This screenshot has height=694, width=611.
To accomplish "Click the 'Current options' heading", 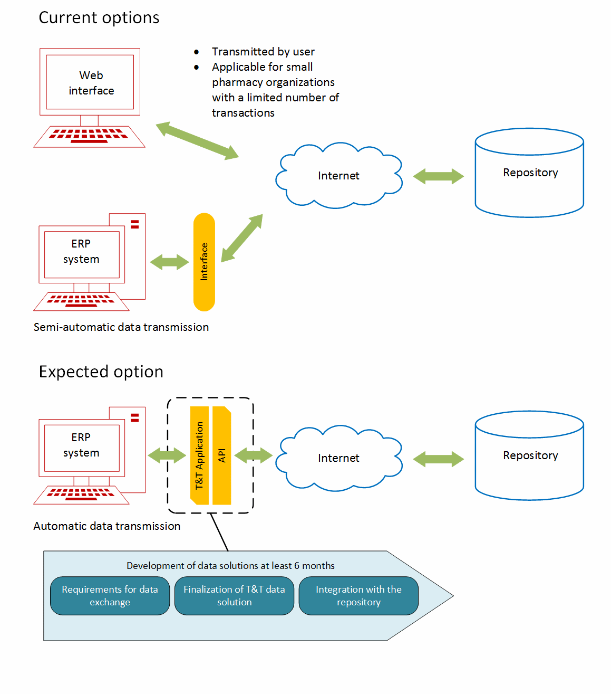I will (99, 18).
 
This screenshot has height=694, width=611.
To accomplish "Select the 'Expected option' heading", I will (101, 372).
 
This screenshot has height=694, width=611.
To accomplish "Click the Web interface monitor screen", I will (90, 83).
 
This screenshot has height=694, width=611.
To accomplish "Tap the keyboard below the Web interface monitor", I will (89, 137).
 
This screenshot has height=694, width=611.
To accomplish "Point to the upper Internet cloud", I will (338, 176).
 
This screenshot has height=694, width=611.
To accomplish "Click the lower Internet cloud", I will (338, 458).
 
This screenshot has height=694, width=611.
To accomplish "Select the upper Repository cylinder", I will (529, 173).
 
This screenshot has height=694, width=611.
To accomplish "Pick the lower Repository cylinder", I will (529, 456).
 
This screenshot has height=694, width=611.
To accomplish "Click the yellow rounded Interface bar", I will (204, 262).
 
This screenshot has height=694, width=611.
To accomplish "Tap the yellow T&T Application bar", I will (199, 455).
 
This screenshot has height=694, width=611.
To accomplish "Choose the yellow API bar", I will (222, 455).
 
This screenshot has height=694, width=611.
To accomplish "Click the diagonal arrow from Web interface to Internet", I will (197, 140).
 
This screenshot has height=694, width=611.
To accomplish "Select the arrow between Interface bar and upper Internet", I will (241, 238).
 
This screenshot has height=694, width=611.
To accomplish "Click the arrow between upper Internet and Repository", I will (438, 176).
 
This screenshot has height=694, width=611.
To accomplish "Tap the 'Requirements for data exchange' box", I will (110, 596).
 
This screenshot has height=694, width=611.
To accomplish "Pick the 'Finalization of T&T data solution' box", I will (234, 596).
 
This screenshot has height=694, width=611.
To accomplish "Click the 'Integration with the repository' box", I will (358, 596).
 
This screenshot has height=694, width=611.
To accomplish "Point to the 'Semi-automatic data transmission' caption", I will (121, 327).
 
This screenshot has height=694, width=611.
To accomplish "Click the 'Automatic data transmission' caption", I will (107, 526).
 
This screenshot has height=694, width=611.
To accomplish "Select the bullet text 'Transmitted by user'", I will (263, 52).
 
